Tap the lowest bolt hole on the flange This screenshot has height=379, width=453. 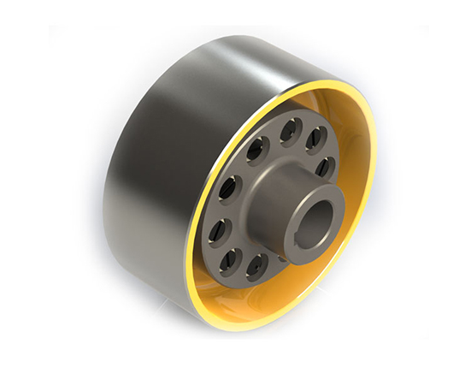254,266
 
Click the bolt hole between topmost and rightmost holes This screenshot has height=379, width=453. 315,136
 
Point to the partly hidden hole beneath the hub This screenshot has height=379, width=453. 282,254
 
